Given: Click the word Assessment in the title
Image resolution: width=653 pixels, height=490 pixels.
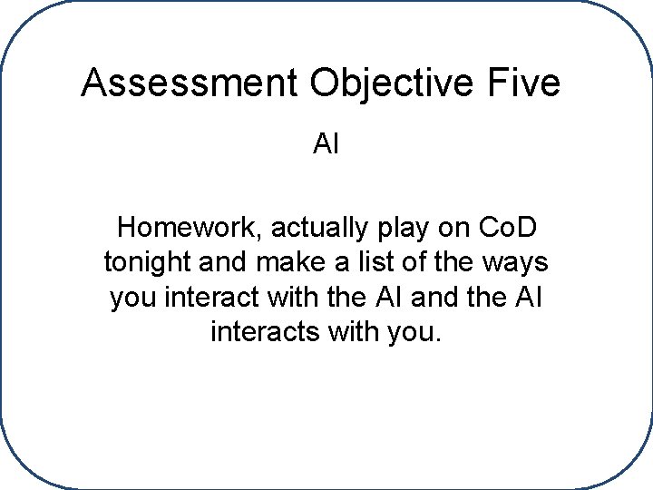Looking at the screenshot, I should click(x=190, y=83).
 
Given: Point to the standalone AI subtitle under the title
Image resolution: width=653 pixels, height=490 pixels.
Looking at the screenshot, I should click(x=326, y=144).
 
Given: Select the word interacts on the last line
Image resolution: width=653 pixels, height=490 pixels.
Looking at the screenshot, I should click(x=258, y=332).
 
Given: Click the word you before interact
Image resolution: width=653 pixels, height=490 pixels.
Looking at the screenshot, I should click(x=133, y=297).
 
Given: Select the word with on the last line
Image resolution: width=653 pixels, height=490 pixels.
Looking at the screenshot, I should click(x=342, y=332).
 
